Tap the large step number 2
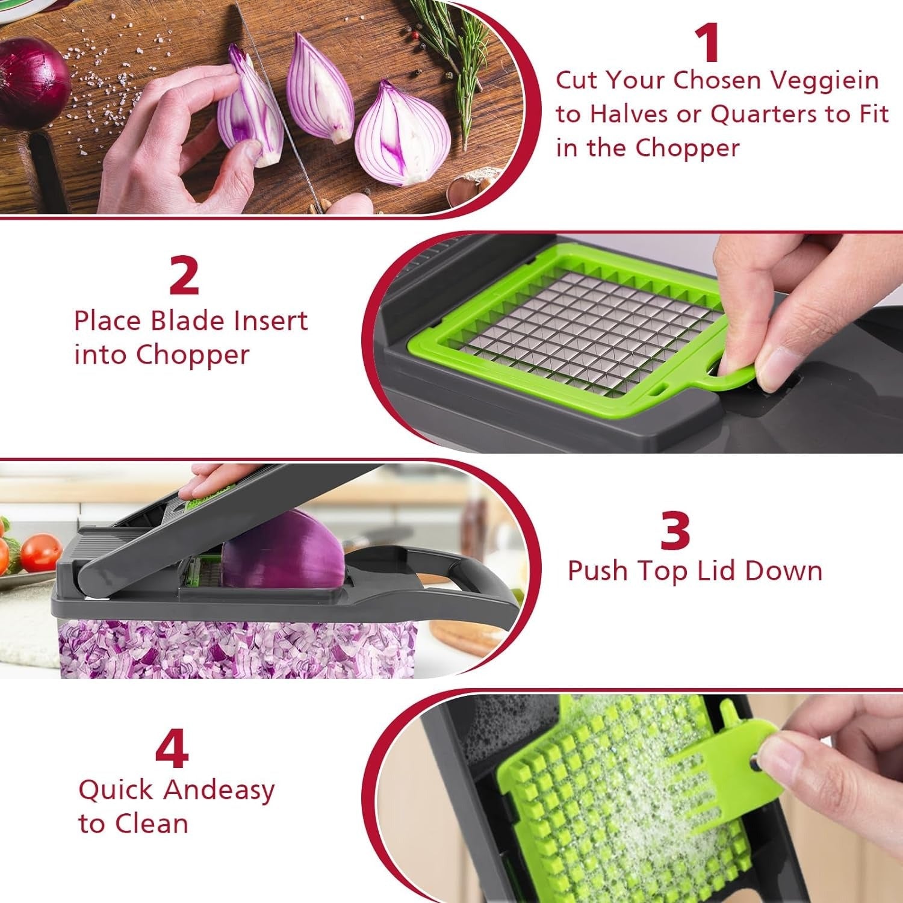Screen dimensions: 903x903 pos(184,275)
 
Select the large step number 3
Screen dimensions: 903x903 pos(674,529)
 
